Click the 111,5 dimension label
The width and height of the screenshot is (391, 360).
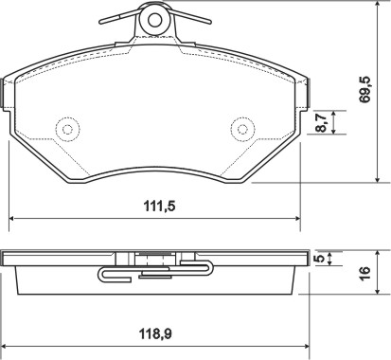[159, 207]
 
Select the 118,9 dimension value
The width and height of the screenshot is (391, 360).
[155, 334]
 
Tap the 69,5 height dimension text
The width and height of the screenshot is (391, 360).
[365, 89]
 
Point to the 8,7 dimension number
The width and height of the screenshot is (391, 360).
[322, 122]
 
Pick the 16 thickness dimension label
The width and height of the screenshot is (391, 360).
[364, 273]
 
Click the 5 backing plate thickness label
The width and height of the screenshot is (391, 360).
[320, 259]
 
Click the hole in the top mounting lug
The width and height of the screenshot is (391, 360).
[154, 21]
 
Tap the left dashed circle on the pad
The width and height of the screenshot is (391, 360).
[67, 130]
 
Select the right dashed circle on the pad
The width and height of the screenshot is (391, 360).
[242, 130]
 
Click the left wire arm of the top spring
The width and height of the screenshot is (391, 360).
[119, 16]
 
